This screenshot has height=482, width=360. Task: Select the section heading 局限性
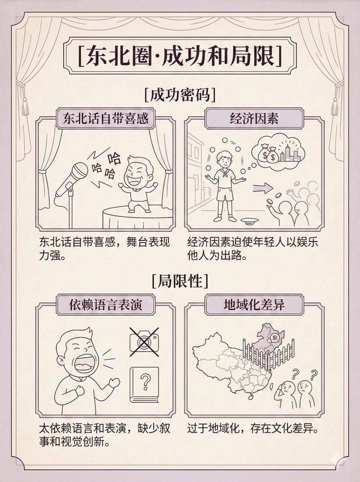(180, 281)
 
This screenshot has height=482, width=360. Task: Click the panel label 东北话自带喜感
(106, 119)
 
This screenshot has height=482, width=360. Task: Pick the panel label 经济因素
(254, 119)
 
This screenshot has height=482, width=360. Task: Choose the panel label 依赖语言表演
(106, 305)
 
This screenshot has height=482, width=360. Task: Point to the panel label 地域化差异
(254, 305)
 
